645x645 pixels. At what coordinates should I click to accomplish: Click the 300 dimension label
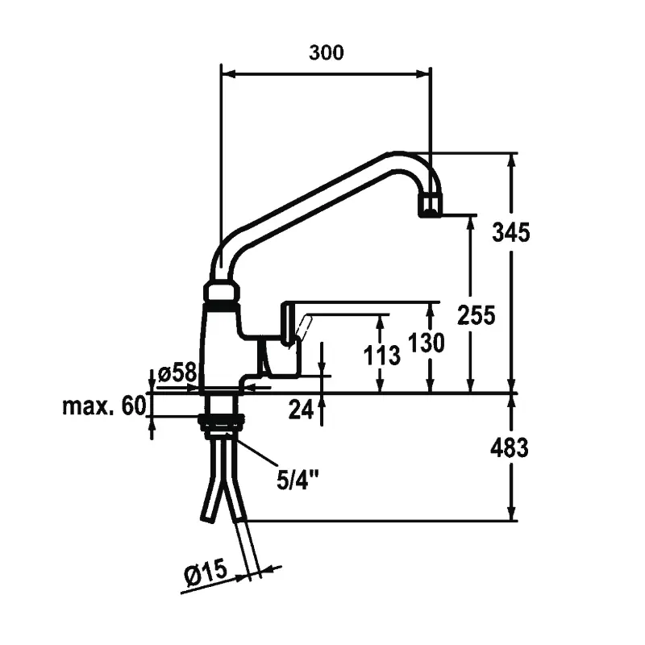pyautogui.click(x=326, y=53)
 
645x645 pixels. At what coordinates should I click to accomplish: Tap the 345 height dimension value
pyautogui.click(x=510, y=233)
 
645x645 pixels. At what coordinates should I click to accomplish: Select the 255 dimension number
pyautogui.click(x=475, y=314)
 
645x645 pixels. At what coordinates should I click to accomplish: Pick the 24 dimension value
pyautogui.click(x=301, y=409)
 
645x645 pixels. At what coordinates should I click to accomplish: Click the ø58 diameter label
pyautogui.click(x=177, y=373)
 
